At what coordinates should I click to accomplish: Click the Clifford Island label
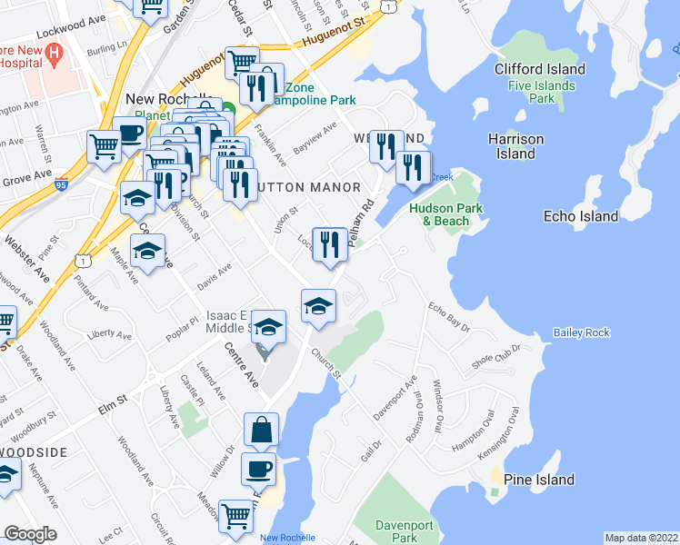pyautogui.click(x=540, y=68)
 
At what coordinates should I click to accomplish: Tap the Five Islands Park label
pyautogui.click(x=541, y=91)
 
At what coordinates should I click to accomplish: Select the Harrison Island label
pyautogui.click(x=515, y=146)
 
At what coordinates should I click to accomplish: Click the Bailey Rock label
pyautogui.click(x=582, y=333)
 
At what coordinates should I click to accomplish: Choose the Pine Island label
pyautogui.click(x=539, y=480)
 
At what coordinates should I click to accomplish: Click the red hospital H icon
pyautogui.click(x=54, y=54)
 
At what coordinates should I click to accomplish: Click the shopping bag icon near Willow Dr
pyautogui.click(x=261, y=430)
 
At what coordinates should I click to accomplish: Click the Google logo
pyautogui.click(x=30, y=534)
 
